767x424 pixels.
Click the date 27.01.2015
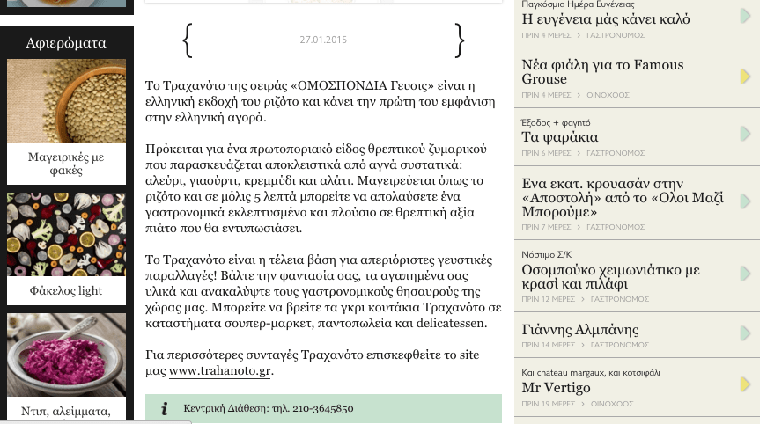(x=323, y=40)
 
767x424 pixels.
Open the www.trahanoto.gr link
(x=220, y=371)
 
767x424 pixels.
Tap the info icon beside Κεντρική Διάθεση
(x=165, y=409)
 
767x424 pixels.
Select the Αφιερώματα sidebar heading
(x=66, y=42)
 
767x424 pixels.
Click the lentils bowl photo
(x=66, y=100)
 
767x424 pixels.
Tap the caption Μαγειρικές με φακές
(x=66, y=164)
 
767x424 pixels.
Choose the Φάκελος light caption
(x=66, y=291)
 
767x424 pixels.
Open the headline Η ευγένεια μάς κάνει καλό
(x=606, y=18)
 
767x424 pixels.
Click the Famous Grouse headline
(x=602, y=71)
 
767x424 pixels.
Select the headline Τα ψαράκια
(x=560, y=136)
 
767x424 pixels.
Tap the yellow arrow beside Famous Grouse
(x=745, y=77)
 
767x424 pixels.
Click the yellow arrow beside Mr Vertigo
(x=745, y=384)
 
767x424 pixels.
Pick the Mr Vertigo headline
(x=556, y=387)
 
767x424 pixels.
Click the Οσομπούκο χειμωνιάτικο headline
(x=610, y=276)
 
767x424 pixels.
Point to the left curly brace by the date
(x=187, y=40)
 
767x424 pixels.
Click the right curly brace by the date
(x=459, y=40)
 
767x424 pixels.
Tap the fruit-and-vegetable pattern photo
(x=66, y=234)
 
